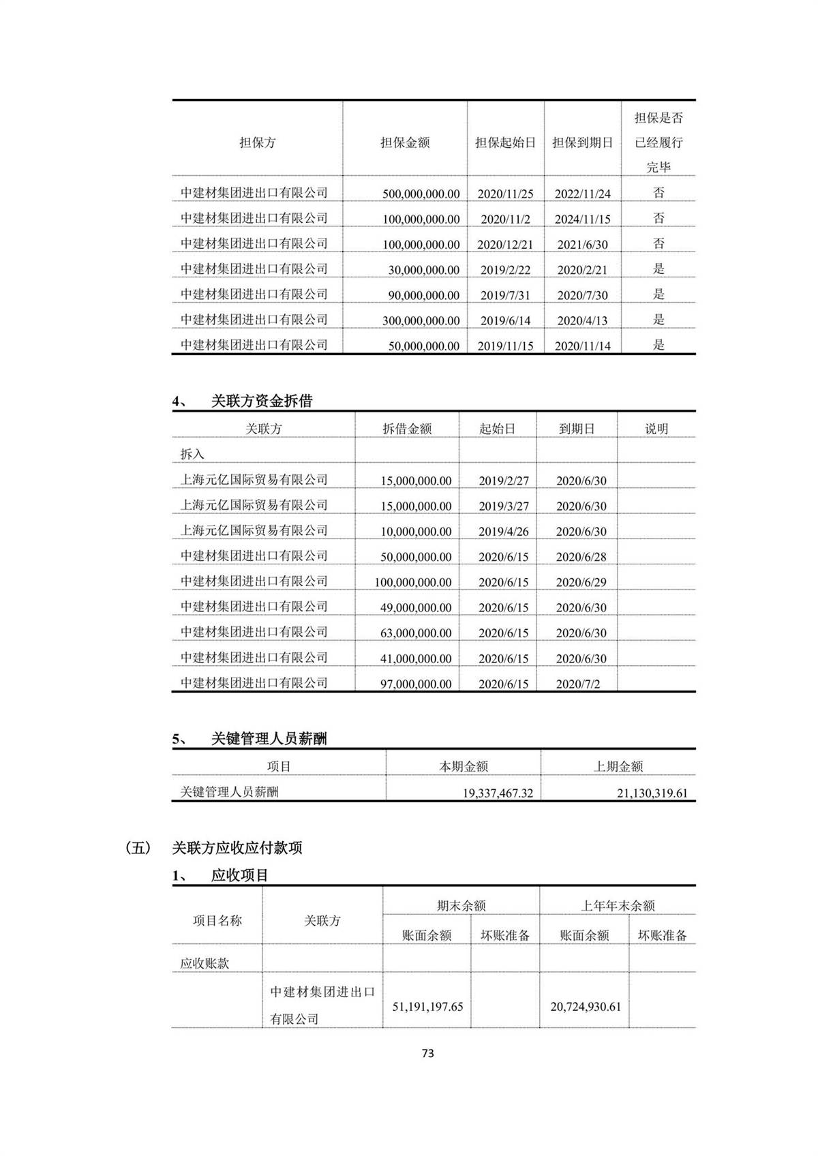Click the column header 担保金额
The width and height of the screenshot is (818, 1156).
pos(405,143)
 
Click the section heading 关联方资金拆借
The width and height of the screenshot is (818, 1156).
pos(262,401)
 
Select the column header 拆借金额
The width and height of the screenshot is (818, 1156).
pos(407,429)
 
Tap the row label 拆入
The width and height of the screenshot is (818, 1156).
pos(192,455)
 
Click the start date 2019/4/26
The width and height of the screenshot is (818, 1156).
pos(503,532)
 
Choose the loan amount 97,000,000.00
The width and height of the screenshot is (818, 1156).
pos(416,684)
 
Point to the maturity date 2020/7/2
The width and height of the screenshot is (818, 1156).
pos(578,684)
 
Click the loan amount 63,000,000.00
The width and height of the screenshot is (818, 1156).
pos(416,633)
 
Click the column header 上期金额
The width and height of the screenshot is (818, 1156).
pos(618,767)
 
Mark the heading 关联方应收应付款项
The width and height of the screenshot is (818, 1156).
pos(237,848)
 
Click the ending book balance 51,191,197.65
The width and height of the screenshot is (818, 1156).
pos(427,1007)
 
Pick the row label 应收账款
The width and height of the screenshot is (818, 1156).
pos(204,964)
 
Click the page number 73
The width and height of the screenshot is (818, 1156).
pos(427,1053)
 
